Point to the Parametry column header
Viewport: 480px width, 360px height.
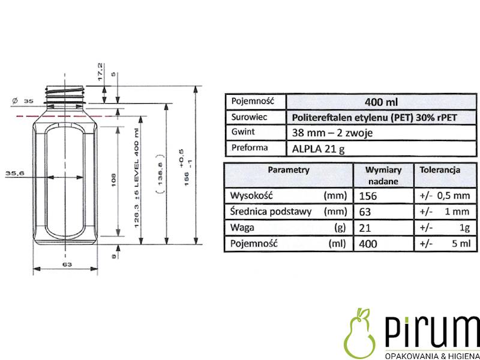coord(289,170)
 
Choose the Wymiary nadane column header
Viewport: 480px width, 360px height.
coord(383,175)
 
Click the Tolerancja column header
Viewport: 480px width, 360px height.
coord(440,170)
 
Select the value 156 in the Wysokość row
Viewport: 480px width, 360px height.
coord(368,196)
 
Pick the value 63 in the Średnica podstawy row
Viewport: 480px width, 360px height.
coord(364,212)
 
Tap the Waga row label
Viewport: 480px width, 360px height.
coord(242,228)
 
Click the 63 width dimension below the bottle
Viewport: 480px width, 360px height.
coord(67,263)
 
